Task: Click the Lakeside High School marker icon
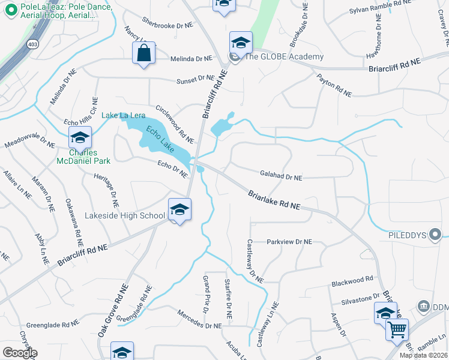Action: pyautogui.click(x=179, y=209)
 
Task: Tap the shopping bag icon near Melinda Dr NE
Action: pyautogui.click(x=144, y=53)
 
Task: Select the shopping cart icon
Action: pyautogui.click(x=397, y=329)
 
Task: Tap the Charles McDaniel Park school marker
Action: pyautogui.click(x=80, y=138)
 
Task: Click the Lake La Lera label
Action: pyautogui.click(x=119, y=115)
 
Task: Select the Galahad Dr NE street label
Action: pyautogui.click(x=281, y=177)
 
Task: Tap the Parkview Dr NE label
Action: pyautogui.click(x=289, y=242)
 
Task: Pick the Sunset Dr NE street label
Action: pyautogui.click(x=195, y=79)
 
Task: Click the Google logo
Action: pyautogui.click(x=19, y=352)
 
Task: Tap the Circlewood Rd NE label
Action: pyautogui.click(x=175, y=125)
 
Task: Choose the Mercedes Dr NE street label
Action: pyautogui.click(x=199, y=319)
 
